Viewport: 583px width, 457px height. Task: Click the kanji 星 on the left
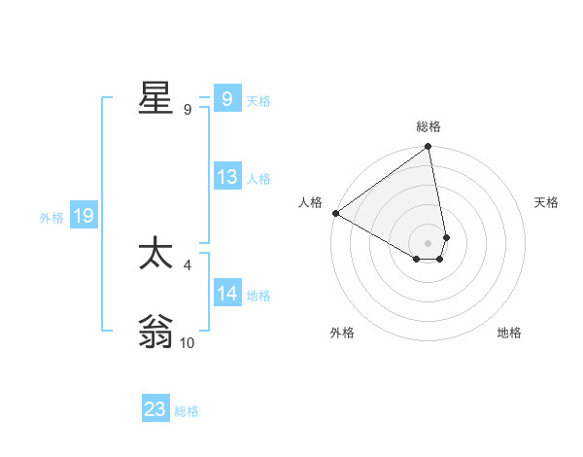pos(155,99)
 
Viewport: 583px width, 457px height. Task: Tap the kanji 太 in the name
pos(155,255)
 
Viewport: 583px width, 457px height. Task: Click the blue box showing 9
pos(226,99)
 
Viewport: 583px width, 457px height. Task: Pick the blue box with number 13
pos(226,177)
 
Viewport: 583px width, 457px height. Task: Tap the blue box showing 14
pos(226,294)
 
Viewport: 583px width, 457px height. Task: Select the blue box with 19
pos(83,216)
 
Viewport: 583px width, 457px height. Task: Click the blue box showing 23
pos(155,409)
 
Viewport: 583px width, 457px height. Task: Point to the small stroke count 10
pos(188,343)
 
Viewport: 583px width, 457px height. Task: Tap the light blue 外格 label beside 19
pos(51,218)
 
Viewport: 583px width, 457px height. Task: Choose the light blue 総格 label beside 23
pos(187,411)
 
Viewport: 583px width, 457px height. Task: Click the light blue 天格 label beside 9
pos(258,101)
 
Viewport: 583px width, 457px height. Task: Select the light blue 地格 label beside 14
pos(258,296)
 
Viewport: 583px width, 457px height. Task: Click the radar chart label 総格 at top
pos(429,126)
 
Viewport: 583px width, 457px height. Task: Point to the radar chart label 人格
pos(310,202)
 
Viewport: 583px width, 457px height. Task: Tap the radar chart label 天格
pos(546,202)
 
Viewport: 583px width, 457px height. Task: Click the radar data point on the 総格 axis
pos(429,148)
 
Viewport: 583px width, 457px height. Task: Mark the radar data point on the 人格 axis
pos(335,213)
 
